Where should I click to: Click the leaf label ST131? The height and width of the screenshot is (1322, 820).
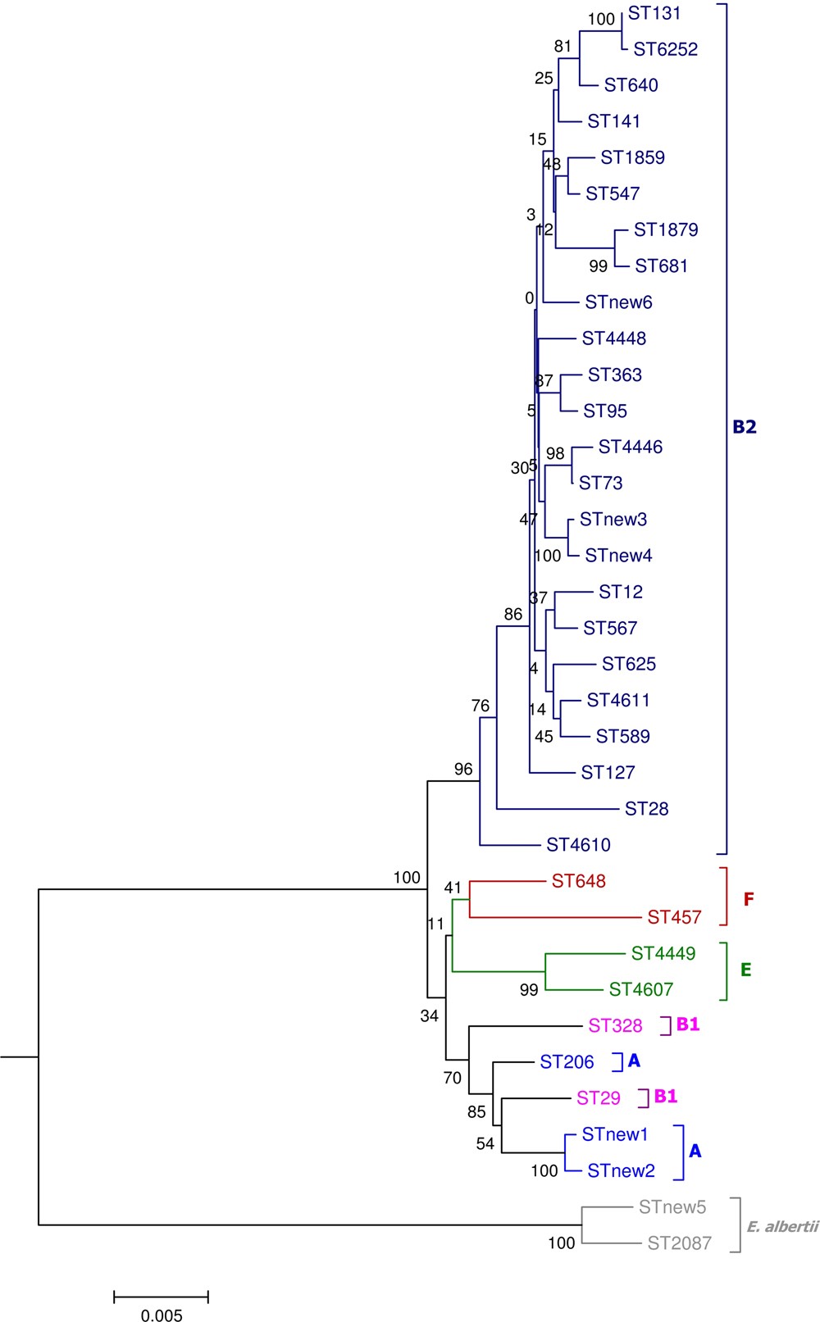click(654, 13)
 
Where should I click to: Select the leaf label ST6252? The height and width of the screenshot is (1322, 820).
click(665, 49)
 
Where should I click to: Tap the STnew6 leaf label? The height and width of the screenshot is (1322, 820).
click(618, 302)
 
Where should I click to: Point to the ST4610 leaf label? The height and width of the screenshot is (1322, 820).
click(578, 845)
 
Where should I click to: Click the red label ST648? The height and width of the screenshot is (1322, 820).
click(578, 881)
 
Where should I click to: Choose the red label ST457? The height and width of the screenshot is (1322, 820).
click(674, 917)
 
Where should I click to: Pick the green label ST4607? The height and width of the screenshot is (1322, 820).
click(640, 989)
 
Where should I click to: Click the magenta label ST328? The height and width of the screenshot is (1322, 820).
click(615, 1025)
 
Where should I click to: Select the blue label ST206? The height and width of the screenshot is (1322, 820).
click(567, 1062)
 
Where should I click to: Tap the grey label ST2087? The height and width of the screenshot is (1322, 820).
click(679, 1243)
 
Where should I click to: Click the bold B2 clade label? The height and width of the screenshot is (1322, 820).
click(744, 427)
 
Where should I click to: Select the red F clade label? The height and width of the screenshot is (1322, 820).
click(748, 899)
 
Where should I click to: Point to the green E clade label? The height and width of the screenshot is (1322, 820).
click(745, 970)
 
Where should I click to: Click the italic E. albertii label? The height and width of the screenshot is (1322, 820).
click(782, 1227)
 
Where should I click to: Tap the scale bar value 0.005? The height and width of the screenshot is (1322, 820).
click(162, 1315)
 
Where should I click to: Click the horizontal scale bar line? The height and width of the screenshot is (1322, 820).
click(161, 1297)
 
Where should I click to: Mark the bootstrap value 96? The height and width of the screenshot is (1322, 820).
click(463, 769)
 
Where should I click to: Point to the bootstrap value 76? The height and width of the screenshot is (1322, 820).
click(480, 706)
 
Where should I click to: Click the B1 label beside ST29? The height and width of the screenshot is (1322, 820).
click(665, 1097)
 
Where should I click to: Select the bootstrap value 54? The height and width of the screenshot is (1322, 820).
click(485, 1143)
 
